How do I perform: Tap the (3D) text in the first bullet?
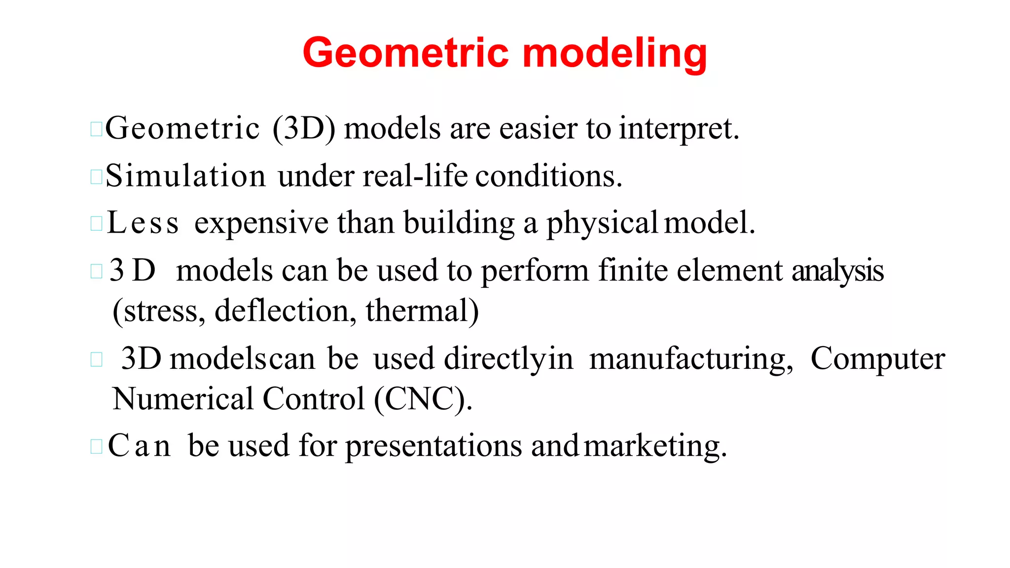pos(304,128)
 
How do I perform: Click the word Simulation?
pos(185,176)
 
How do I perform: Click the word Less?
pos(143,223)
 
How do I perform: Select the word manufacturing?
pos(691,359)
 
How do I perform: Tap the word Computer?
pos(878,359)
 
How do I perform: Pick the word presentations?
pos(433,447)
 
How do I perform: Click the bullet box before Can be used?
pos(96,446)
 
